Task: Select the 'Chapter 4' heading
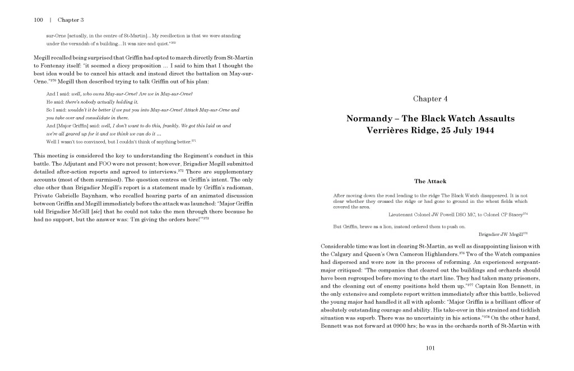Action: (x=430, y=99)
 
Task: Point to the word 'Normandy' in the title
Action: (x=368, y=119)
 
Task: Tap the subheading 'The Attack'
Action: (x=430, y=181)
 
